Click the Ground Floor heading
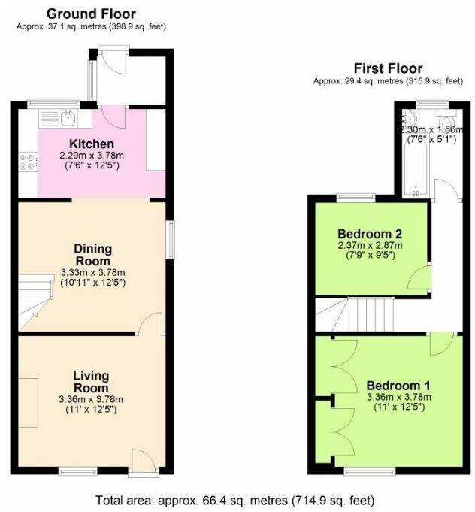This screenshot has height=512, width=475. click(91, 14)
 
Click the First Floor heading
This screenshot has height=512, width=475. click(388, 68)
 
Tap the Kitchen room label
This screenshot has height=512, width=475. click(92, 144)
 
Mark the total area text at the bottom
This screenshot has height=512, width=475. click(235, 500)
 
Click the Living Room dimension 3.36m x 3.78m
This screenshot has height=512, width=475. click(92, 399)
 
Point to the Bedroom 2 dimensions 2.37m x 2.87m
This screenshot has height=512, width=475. click(369, 246)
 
